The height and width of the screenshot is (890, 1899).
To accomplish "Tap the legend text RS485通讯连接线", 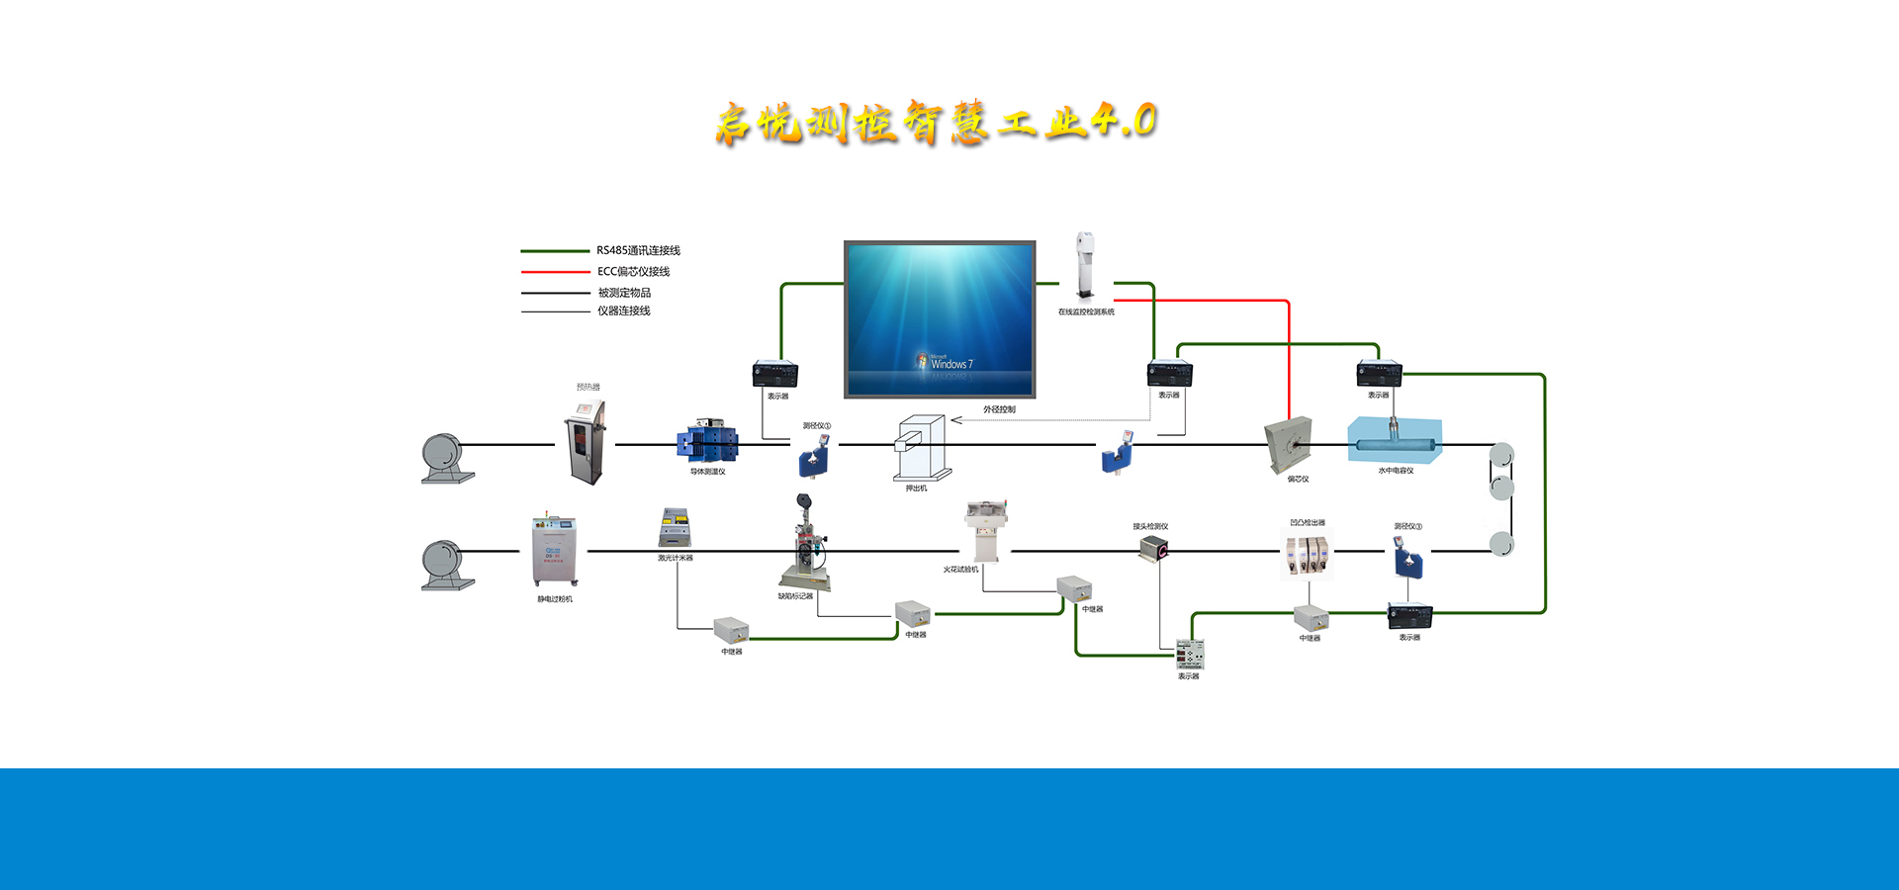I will (638, 251).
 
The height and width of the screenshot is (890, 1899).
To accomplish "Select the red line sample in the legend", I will (555, 272).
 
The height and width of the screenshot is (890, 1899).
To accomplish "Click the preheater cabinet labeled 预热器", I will (586, 442).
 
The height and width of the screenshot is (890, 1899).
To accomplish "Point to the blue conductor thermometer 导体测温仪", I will (707, 442).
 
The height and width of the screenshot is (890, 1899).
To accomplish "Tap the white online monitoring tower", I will (1085, 265).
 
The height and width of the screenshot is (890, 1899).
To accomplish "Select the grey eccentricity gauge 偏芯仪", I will (1290, 445).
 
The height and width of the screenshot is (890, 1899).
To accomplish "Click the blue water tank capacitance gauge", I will (1395, 439).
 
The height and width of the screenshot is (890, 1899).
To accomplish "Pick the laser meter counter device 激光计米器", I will (675, 528).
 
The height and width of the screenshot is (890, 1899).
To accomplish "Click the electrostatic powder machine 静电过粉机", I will (554, 551).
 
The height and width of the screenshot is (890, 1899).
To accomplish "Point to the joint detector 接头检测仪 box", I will (1154, 549).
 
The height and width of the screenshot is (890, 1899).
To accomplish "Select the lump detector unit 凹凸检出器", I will (1307, 555).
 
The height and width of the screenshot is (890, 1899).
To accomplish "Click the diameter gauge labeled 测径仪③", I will (1408, 559).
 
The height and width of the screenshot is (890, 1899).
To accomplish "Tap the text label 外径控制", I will (999, 409).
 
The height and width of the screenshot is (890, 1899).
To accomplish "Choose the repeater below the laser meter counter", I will (731, 630).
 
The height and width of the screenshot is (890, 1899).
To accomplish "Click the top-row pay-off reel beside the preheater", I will (444, 459).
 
